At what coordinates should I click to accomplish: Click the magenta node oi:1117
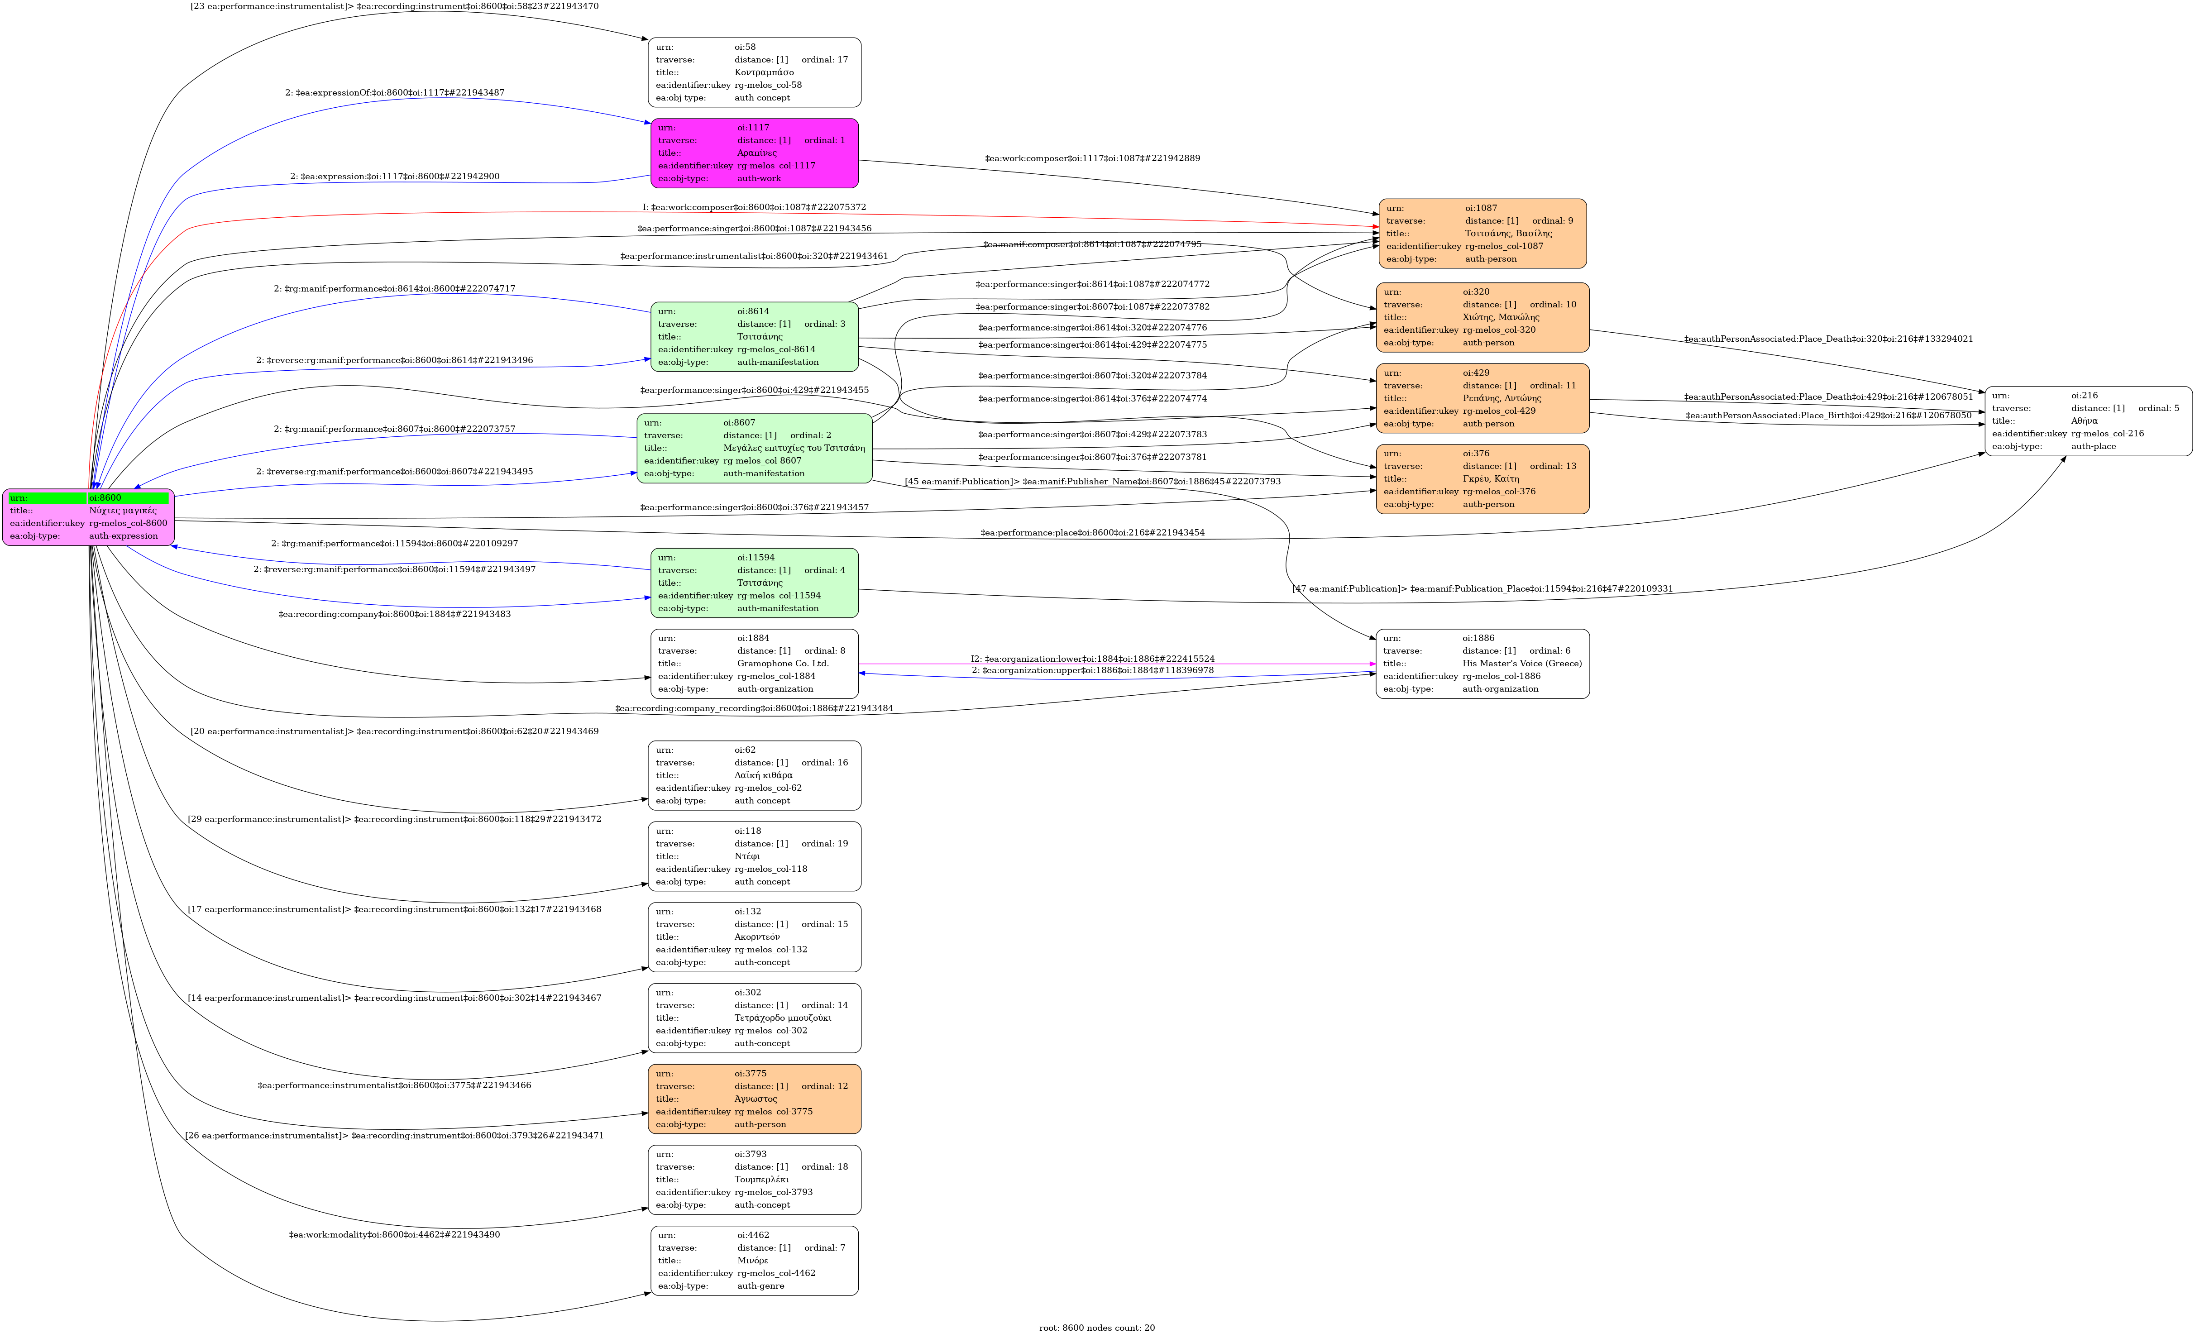(x=755, y=153)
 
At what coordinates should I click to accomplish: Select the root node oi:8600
(x=88, y=516)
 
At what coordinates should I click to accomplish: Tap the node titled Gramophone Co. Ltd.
(x=755, y=664)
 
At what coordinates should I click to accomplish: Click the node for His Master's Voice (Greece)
(x=1482, y=664)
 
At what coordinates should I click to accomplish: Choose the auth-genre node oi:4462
(x=755, y=1261)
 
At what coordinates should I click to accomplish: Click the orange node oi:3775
(x=755, y=1099)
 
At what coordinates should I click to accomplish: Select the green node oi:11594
(x=755, y=583)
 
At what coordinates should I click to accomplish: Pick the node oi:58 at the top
(x=755, y=72)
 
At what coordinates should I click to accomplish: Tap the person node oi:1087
(x=1482, y=234)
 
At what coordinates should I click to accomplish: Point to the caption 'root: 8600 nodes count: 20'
(x=1097, y=1327)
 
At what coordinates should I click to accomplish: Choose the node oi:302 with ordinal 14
(x=755, y=1018)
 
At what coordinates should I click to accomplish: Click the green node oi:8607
(x=755, y=448)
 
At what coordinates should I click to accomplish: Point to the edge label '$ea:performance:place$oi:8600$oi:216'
(x=1092, y=533)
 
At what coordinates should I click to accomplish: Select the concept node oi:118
(x=755, y=856)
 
